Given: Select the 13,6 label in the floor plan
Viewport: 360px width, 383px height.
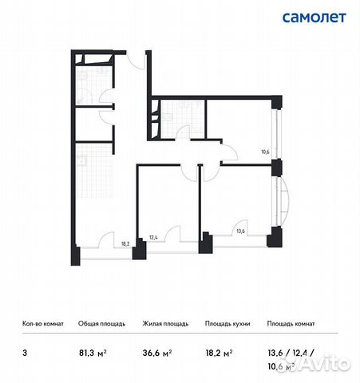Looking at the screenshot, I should click(x=239, y=231).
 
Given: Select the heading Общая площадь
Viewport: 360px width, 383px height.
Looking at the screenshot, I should click(x=99, y=324).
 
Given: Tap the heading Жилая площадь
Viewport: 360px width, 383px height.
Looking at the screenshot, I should click(x=164, y=324).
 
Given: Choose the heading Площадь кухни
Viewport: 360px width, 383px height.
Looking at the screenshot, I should click(x=229, y=324).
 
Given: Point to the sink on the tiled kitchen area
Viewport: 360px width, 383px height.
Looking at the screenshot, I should click(x=82, y=157).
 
